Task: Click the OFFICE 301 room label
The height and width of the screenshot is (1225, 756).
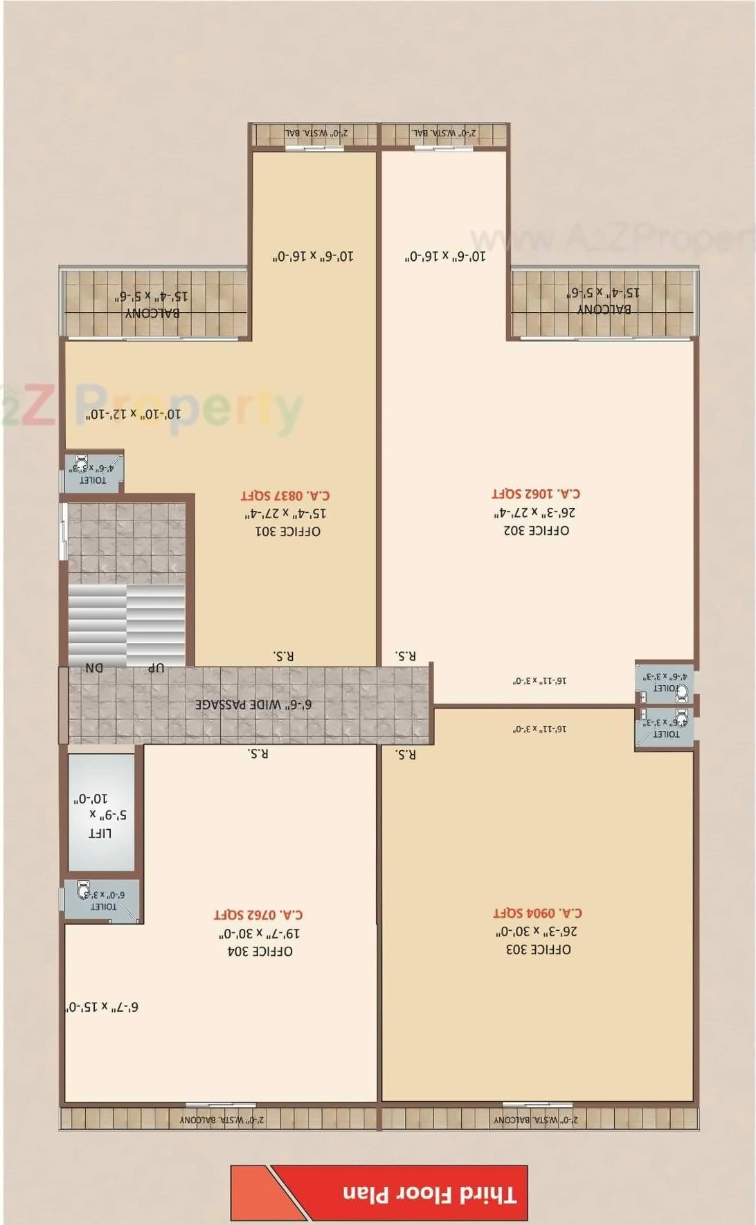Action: (288, 532)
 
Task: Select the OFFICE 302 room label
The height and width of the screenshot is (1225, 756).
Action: (537, 530)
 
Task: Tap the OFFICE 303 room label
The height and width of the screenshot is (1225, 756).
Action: (539, 950)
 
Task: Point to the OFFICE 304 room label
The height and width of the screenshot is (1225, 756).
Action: (260, 952)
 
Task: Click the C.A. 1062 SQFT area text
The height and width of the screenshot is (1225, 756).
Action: (536, 493)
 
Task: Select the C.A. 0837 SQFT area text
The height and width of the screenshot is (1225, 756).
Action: (285, 496)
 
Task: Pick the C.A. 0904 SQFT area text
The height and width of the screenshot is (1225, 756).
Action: (537, 913)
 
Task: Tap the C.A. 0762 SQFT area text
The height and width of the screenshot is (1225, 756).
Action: (258, 915)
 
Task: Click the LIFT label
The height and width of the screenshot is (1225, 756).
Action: (100, 833)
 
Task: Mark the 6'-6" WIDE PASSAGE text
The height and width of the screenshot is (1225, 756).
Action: (253, 705)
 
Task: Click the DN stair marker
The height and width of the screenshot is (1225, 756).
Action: (94, 668)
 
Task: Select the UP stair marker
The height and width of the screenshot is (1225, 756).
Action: (156, 668)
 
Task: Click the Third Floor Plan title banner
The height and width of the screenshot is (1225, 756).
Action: (429, 1195)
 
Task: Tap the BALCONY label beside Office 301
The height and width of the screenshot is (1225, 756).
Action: (152, 313)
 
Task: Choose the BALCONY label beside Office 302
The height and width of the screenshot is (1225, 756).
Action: (604, 309)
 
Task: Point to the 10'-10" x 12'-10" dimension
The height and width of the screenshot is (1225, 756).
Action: (133, 414)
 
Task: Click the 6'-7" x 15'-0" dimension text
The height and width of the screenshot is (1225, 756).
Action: (102, 1007)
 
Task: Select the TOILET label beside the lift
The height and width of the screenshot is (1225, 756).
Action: (104, 907)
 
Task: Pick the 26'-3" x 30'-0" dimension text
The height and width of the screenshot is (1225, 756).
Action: (537, 932)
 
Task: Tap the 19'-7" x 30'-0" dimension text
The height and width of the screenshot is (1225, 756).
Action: (259, 934)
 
